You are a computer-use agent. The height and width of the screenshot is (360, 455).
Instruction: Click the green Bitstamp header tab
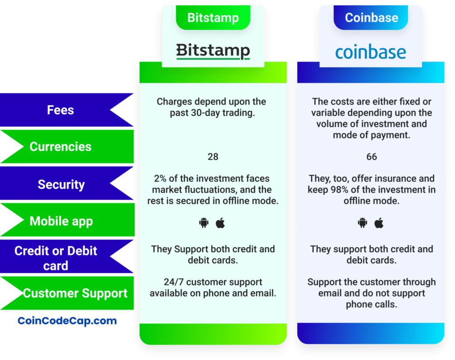click(x=213, y=18)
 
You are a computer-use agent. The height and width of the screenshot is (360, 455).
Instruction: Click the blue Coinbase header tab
click(x=371, y=18)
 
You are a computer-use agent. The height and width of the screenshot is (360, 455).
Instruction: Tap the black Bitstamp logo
click(x=213, y=51)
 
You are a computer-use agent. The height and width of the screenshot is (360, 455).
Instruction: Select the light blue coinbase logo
click(x=371, y=52)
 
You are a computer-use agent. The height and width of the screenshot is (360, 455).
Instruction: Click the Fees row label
click(x=60, y=110)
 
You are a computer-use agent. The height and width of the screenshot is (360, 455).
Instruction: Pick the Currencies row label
click(x=60, y=147)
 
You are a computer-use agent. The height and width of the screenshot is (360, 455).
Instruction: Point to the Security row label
click(x=61, y=184)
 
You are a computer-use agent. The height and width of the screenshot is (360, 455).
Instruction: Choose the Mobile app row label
click(x=61, y=221)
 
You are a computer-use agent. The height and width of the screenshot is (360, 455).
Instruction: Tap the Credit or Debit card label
click(x=56, y=258)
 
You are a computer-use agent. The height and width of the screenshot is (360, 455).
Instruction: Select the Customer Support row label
click(x=75, y=293)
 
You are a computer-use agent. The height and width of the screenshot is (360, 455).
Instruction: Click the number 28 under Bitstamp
click(x=213, y=157)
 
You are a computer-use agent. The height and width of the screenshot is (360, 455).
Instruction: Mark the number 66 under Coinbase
click(x=371, y=157)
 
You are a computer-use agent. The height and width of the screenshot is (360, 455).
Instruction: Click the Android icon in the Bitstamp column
click(x=204, y=223)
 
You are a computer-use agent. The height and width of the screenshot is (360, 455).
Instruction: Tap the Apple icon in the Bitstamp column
click(x=220, y=223)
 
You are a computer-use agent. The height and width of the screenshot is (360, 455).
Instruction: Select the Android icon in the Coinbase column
click(x=363, y=223)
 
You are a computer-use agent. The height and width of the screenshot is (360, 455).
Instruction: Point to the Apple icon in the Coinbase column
click(x=379, y=223)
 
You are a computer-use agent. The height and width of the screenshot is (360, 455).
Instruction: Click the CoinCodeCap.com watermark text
click(x=67, y=320)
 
